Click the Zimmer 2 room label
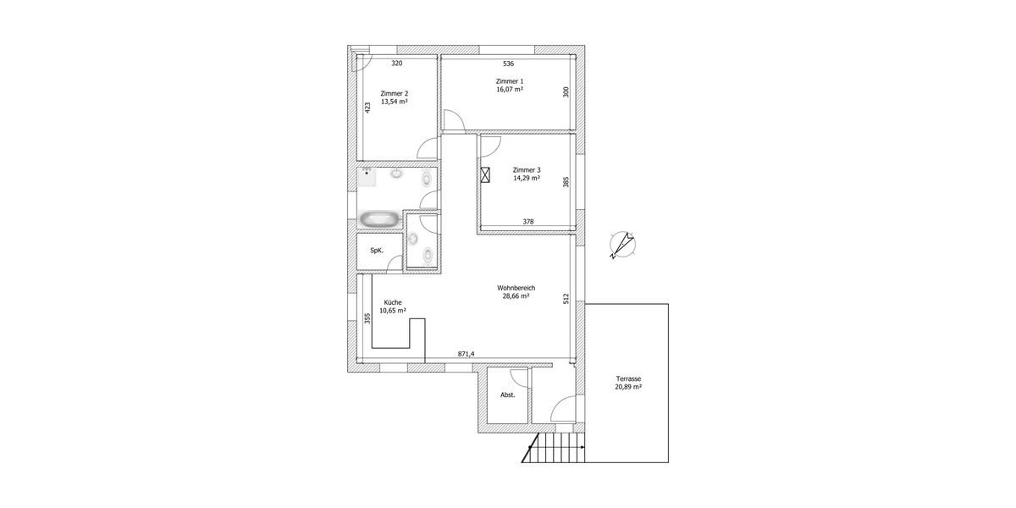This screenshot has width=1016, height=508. [395, 93]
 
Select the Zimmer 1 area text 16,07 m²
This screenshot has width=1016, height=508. [510, 90]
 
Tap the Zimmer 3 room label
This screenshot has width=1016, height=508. [527, 169]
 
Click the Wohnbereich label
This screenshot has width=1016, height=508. [516, 288]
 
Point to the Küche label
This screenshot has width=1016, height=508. [393, 302]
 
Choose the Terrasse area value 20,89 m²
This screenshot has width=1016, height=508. [628, 387]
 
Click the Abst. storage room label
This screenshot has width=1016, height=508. [508, 395]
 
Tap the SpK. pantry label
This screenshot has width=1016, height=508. [377, 251]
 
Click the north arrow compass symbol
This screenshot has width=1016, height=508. [624, 246]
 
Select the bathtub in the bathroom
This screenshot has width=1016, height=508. [378, 219]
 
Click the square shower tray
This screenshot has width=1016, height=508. [367, 177]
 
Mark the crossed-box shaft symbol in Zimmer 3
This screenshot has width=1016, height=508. [486, 175]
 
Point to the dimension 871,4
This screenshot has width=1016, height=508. [467, 354]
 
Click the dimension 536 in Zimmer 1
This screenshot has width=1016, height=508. [508, 63]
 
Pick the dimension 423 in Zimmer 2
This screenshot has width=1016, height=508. [367, 108]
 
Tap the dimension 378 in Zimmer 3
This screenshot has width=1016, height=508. [528, 222]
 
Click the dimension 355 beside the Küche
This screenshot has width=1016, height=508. [367, 318]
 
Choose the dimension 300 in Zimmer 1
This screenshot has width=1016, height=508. [566, 92]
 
